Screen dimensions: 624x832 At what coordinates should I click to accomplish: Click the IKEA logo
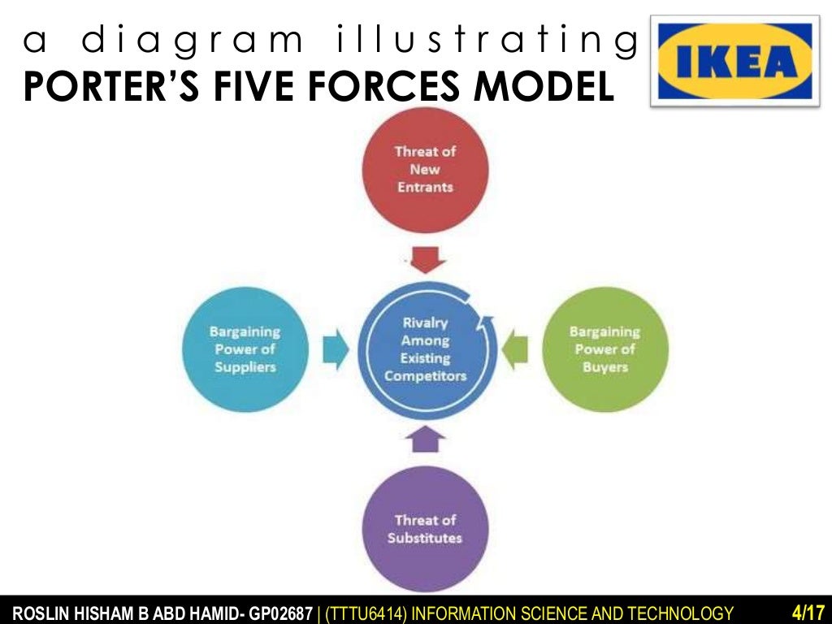coord(735,60)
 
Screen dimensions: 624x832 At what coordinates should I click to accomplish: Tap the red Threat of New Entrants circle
coord(425,169)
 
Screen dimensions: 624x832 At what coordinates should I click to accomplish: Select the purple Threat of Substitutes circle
coord(425,529)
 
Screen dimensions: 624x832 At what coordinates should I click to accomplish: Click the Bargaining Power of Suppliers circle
coord(245,349)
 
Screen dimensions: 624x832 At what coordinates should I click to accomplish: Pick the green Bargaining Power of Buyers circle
coord(605,349)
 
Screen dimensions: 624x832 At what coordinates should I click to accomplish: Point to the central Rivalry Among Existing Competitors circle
coord(425,349)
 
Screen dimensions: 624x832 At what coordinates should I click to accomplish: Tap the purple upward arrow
coord(426,440)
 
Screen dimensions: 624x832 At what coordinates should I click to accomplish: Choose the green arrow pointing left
coord(515,349)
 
